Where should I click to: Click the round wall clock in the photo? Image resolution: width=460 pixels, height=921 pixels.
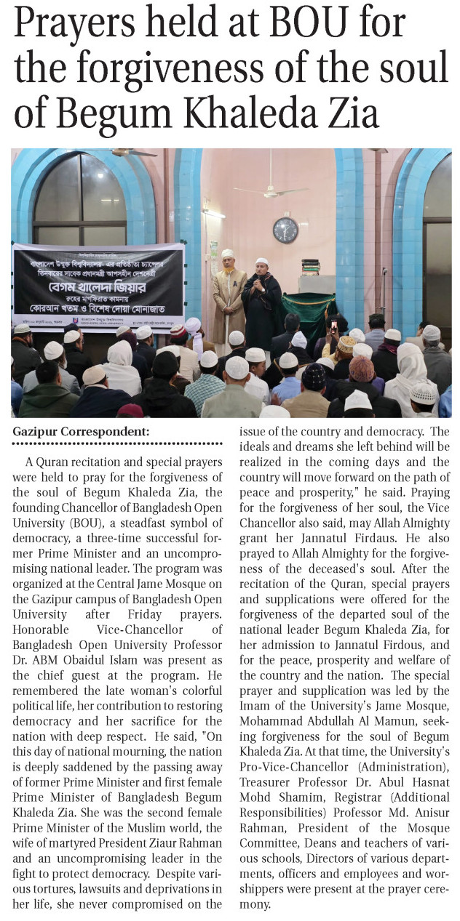[x=285, y=230]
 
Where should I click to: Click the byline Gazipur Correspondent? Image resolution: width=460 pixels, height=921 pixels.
[x=81, y=432]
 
